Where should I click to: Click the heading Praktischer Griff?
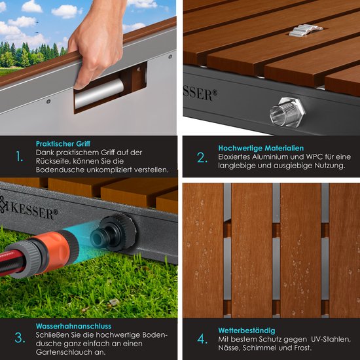pos(63,144)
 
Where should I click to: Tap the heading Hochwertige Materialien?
pos(261,148)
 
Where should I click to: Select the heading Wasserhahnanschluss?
pos(73,326)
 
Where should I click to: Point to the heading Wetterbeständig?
pos(247,331)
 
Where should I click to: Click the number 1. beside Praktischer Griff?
pos(20,157)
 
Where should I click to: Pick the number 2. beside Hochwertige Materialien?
pos(202,158)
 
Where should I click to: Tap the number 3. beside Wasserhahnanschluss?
pos(20,338)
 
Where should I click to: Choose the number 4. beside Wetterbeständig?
pos(202,339)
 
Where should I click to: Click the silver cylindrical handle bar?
pos(99,93)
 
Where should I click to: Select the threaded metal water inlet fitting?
pos(287,112)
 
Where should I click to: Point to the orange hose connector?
pos(55,249)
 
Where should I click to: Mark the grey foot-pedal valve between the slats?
pos(306,30)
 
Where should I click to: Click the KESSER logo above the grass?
pos(29,208)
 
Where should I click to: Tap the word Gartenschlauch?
pos(60,352)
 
